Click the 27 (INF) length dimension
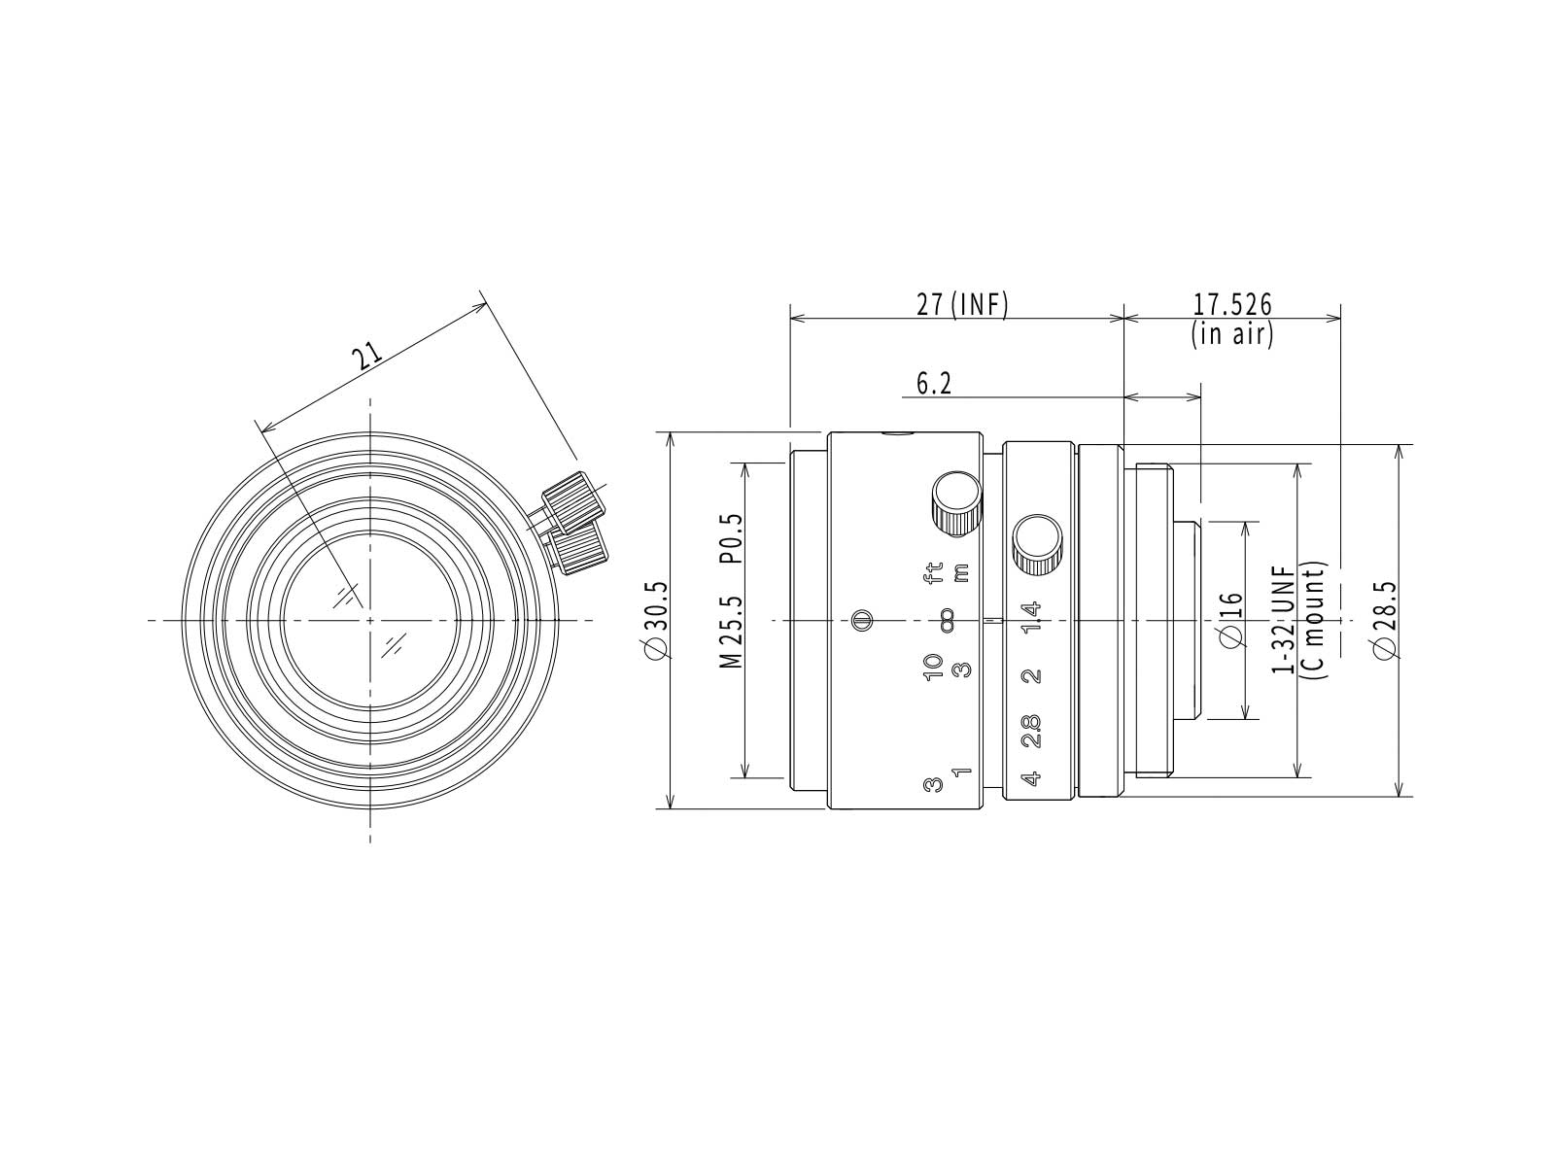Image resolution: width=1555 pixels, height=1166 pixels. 961,305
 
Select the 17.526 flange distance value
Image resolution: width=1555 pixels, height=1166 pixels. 1232,304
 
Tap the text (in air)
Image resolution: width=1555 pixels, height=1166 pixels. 1232,333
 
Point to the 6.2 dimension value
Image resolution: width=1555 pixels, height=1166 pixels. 934,384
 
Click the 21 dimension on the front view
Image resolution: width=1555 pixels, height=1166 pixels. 368,356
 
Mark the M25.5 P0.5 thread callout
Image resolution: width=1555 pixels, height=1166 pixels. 731,591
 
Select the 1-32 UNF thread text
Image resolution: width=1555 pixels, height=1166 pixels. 1284,619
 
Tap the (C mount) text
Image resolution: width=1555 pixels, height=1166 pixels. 1314,620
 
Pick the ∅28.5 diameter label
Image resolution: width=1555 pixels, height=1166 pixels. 1385,621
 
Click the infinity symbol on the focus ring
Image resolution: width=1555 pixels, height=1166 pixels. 947,620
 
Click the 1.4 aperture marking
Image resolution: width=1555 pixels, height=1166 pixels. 1032,617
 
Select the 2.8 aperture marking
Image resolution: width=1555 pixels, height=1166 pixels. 1032,732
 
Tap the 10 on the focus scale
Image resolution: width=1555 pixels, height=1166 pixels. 933,667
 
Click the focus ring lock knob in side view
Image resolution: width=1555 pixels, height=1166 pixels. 957,504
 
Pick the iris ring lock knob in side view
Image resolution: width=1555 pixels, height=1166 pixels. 1037,545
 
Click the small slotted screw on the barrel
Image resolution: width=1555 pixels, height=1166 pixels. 861,620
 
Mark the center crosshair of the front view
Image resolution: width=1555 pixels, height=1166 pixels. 370,620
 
